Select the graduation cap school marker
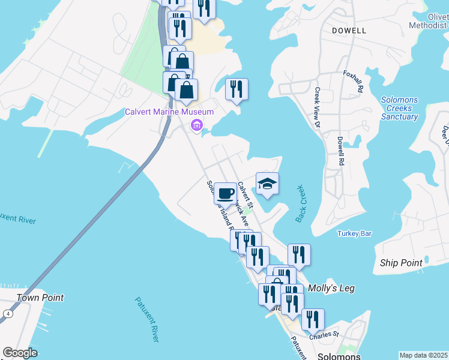click(267, 184)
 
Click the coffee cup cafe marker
click(226, 193)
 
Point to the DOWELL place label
click(349, 31)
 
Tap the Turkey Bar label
click(355, 233)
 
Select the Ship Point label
click(401, 263)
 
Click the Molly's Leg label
click(331, 289)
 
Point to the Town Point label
click(40, 298)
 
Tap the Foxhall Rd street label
click(354, 81)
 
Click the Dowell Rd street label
click(340, 151)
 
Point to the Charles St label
click(325, 335)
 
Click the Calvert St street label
click(246, 196)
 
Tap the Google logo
click(20, 353)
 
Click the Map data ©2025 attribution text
click(423, 355)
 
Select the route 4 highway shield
click(7, 313)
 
